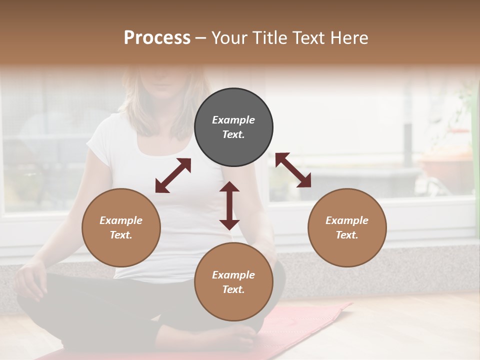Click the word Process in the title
[157, 38]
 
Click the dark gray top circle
[233, 127]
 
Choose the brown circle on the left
[121, 227]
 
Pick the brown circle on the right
[347, 227]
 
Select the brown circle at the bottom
[233, 282]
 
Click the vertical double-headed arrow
[229, 205]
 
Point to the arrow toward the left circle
[173, 175]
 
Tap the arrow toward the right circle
[293, 170]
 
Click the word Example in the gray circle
[233, 120]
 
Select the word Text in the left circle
[120, 235]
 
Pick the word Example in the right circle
[347, 220]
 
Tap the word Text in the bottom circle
[233, 289]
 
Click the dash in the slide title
[200, 38]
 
